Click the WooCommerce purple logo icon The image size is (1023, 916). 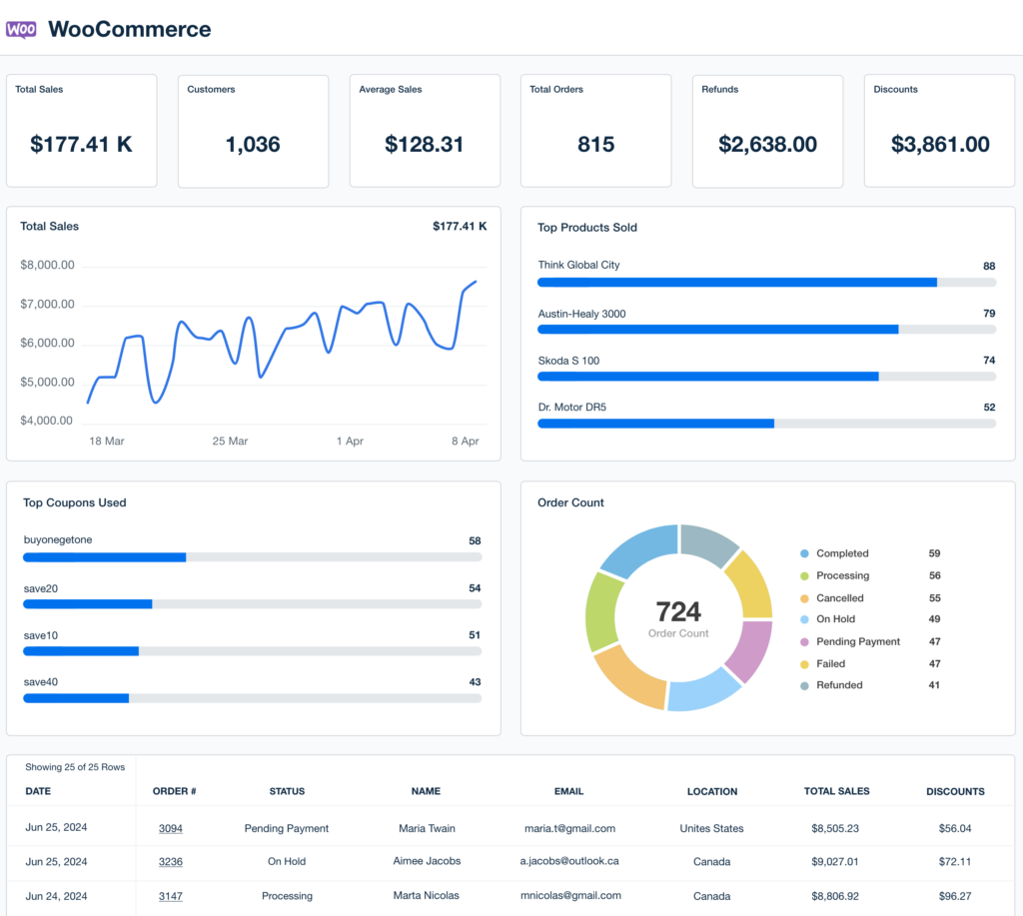coord(21,29)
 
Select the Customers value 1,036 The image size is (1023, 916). coord(253,144)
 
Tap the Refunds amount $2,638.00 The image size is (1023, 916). coord(767,144)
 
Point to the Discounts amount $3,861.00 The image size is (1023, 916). coord(939,144)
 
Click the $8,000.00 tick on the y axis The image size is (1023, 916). coord(47,265)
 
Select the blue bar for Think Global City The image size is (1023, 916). coord(736,283)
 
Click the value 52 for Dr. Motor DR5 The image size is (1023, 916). coord(988,408)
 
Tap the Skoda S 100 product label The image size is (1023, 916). coord(568,361)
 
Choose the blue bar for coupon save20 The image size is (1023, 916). coord(88,604)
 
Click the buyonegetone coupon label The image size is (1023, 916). coord(58,540)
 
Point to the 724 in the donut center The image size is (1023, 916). coord(678,611)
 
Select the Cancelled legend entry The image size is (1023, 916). coord(839,598)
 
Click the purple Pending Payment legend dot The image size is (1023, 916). coord(804,642)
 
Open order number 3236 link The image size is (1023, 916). coord(170,862)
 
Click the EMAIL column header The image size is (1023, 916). coord(568,791)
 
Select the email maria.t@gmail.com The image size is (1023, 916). coord(569,828)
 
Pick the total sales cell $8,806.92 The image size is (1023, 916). coord(836,896)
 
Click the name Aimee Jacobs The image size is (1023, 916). coord(426,862)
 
